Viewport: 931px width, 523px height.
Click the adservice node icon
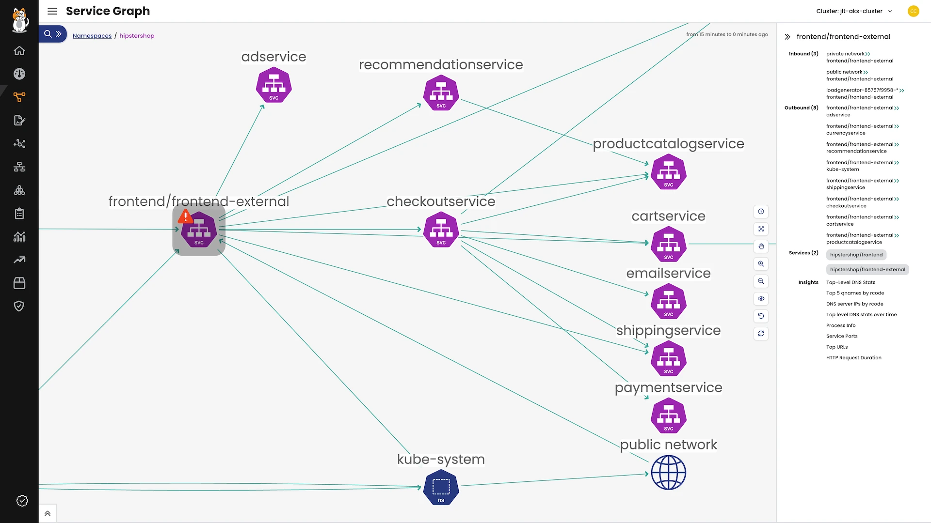[273, 85]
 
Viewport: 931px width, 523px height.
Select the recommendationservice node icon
[441, 93]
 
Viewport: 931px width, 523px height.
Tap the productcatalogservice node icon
[668, 172]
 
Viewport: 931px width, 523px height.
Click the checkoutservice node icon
[441, 230]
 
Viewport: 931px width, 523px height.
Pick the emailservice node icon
[668, 302]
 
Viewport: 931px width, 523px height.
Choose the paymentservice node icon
[668, 416]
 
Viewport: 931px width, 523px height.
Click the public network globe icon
[668, 473]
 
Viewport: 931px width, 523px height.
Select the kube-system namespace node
[441, 488]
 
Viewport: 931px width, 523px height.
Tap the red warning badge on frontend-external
[185, 216]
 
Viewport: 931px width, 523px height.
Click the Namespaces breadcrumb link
[92, 36]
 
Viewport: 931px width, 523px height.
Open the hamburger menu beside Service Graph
[52, 11]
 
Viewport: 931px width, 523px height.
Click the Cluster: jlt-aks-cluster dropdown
[854, 11]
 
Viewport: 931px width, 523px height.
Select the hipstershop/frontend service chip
[856, 255]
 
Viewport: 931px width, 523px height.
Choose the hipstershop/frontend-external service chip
[867, 270]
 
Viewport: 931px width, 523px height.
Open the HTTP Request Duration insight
[853, 358]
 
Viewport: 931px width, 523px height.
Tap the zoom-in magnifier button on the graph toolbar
[761, 264]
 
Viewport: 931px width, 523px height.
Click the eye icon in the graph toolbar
[761, 299]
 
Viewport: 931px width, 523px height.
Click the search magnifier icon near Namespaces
[48, 34]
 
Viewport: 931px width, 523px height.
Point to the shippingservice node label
[668, 330]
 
